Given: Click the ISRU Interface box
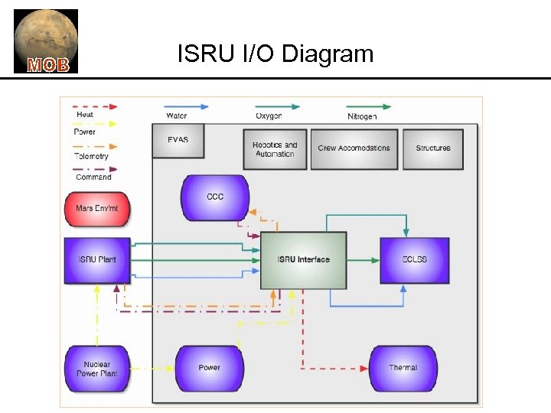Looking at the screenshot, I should point(303,260).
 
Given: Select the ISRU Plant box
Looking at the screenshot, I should point(97,260).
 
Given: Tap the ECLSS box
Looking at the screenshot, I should point(414,260).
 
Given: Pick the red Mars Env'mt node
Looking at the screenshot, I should point(97,208).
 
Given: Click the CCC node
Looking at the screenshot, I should point(215,197).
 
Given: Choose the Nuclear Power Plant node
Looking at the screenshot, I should point(97,369).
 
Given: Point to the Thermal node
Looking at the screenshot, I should point(403,368).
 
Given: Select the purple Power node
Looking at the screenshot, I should point(210,368).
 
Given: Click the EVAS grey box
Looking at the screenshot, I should point(178,141).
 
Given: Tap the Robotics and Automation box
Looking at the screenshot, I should point(275,149).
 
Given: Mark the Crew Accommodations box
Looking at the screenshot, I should point(354,148).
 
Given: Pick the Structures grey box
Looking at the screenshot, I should point(433,148).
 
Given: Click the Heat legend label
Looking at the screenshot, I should point(85,115).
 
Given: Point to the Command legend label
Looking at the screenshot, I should point(93,177).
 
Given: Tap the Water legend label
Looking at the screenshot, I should point(176,116).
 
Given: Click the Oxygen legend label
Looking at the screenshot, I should point(269,116).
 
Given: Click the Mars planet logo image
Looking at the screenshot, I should point(46,41).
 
